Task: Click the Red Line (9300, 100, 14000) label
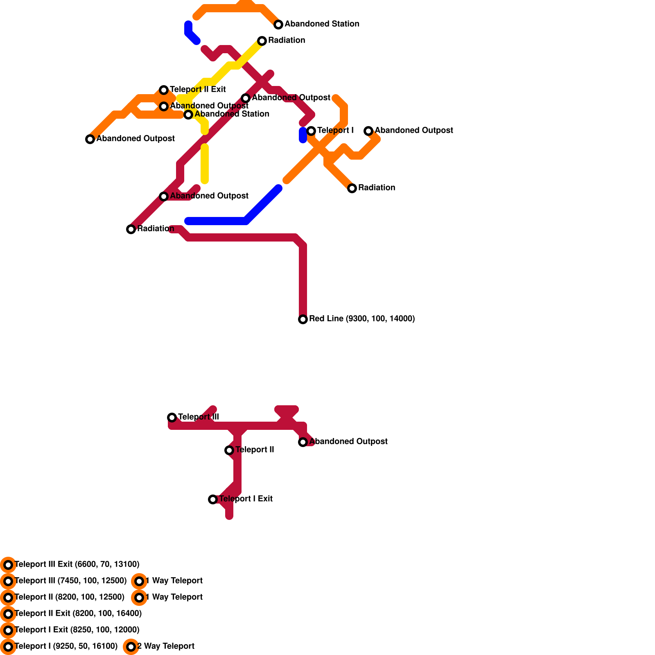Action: point(362,318)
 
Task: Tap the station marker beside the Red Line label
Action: point(303,319)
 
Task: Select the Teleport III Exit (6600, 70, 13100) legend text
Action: point(77,564)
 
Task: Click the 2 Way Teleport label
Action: point(166,646)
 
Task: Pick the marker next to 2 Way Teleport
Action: point(131,647)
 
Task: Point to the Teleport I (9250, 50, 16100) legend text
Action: point(66,646)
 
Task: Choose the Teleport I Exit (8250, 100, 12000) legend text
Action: point(77,630)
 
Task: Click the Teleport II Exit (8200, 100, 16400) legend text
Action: point(78,613)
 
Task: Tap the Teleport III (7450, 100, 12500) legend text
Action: point(70,580)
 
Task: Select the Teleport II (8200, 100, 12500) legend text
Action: point(70,597)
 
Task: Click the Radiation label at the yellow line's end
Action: point(287,40)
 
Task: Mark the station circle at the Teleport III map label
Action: point(172,418)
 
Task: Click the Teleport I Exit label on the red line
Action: point(246,499)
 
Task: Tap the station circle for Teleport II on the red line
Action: point(229,450)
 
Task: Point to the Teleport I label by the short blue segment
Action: point(335,130)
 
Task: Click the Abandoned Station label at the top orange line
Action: point(322,24)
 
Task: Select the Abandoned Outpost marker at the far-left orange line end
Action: point(90,139)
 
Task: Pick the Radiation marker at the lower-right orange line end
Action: point(352,188)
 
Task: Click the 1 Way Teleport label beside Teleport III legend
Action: point(174,580)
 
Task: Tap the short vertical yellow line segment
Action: point(205,164)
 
